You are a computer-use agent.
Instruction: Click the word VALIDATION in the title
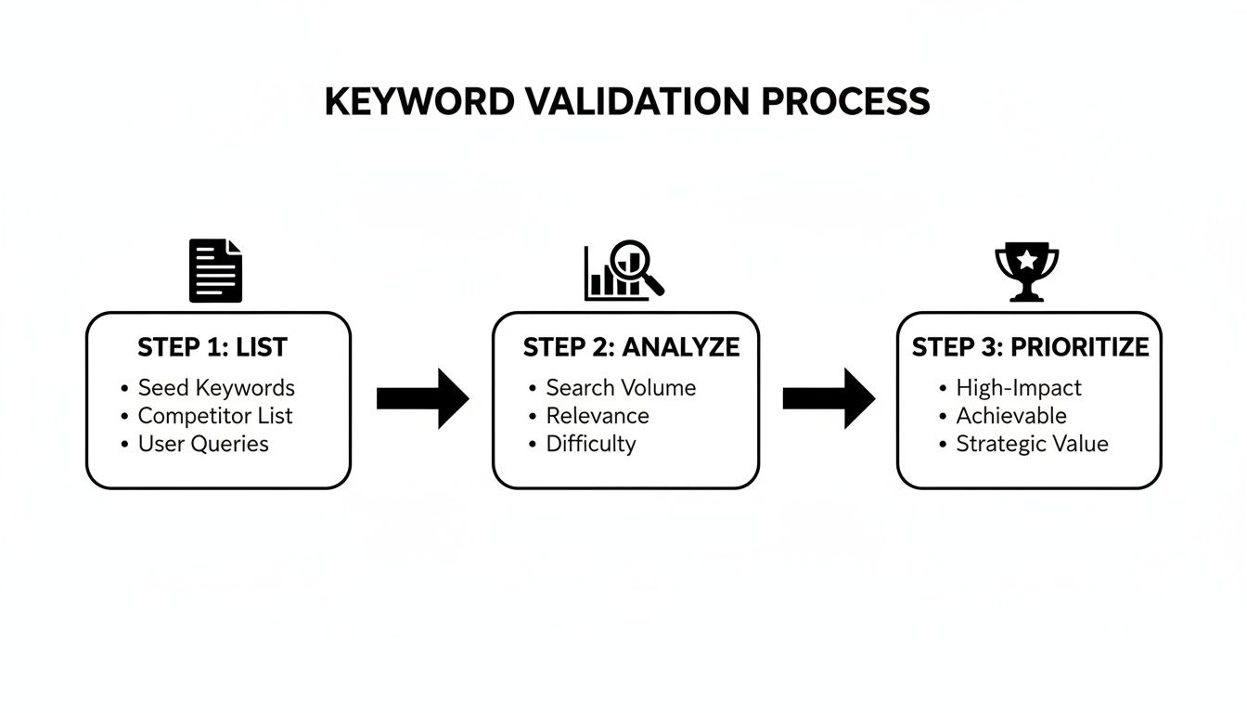point(636,101)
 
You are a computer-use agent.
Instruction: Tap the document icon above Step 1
point(215,270)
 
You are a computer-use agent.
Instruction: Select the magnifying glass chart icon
point(624,271)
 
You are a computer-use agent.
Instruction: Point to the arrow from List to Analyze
point(422,398)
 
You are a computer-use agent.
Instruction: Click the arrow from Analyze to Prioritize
point(829,398)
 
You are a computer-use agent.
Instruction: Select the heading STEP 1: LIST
point(212,348)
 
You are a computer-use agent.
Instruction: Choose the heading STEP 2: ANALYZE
point(631,348)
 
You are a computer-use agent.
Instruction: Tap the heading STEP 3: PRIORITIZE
point(1030,348)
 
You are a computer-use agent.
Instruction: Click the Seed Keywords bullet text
point(216,388)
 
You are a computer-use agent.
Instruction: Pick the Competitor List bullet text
point(215,416)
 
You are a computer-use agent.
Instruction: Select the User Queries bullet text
point(203,444)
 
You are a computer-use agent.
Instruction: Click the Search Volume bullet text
point(621,388)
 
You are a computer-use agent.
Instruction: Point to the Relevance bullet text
point(598,416)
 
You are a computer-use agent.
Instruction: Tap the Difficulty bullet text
point(591,444)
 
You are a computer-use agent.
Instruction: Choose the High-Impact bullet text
point(1019,388)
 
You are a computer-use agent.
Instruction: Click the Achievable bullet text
point(1011,416)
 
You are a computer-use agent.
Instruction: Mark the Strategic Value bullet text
point(1032,444)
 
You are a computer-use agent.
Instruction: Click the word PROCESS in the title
point(845,101)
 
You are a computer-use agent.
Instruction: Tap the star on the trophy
point(1027,261)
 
